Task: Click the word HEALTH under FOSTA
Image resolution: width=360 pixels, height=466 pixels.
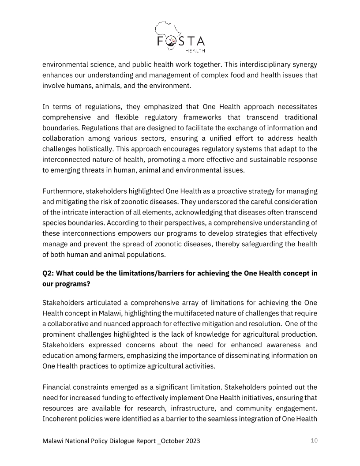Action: pos(195,50)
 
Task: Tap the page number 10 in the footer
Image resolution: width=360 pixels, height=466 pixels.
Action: pos(314,440)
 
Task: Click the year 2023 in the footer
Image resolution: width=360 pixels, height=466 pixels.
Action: pos(197,441)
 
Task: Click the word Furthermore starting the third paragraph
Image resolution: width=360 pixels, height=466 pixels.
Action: pos(63,191)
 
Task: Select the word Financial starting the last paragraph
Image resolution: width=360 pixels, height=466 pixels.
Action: pos(58,388)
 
